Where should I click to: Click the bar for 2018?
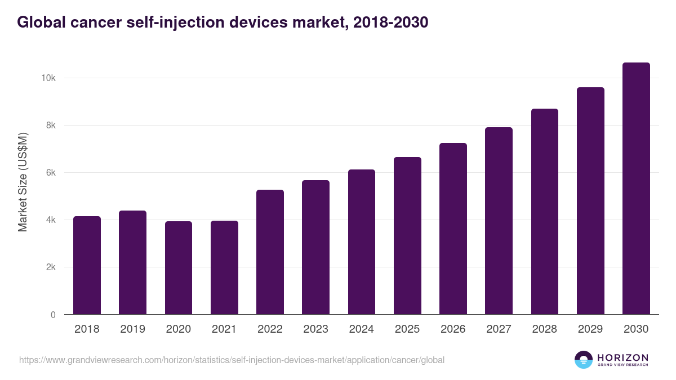point(87,265)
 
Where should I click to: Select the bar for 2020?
point(179,268)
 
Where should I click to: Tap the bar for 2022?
point(270,252)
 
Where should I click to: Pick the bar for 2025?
point(407,236)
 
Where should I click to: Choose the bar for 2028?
point(544,212)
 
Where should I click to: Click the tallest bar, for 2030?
point(636,189)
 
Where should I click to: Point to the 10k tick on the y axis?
point(48,78)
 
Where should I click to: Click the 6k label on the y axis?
point(50,173)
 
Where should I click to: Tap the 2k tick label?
point(50,267)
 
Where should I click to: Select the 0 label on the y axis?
point(53,315)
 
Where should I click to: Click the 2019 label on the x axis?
point(132,329)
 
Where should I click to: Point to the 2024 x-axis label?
point(361,329)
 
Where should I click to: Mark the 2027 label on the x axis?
point(499,329)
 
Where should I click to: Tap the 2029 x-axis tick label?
point(590,329)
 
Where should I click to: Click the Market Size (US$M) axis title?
point(23,182)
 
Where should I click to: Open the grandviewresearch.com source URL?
point(232,360)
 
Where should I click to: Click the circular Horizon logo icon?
point(584,360)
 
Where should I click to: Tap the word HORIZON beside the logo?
point(622,357)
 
